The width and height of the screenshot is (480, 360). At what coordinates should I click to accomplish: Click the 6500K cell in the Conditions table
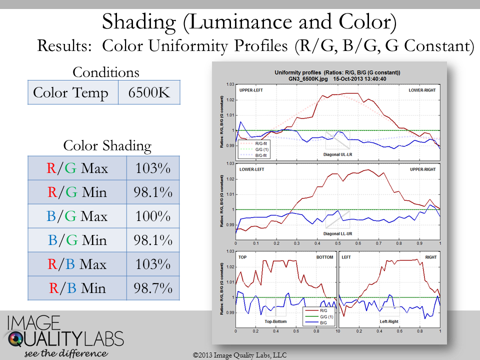coord(149,93)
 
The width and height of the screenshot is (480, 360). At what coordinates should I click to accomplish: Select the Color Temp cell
coord(70,93)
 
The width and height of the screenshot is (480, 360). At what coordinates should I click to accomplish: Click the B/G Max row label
coord(77,216)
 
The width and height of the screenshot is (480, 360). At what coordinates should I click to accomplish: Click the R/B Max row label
coord(77,264)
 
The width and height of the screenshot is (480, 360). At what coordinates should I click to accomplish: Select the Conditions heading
coord(106,72)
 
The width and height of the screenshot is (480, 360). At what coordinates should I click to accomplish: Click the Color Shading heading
coord(107,145)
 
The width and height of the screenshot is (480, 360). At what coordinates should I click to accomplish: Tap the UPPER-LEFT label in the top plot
coord(250,90)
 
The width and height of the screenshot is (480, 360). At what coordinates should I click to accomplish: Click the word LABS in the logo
coord(104,340)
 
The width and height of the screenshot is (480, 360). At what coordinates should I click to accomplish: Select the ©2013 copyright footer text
coord(239,354)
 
